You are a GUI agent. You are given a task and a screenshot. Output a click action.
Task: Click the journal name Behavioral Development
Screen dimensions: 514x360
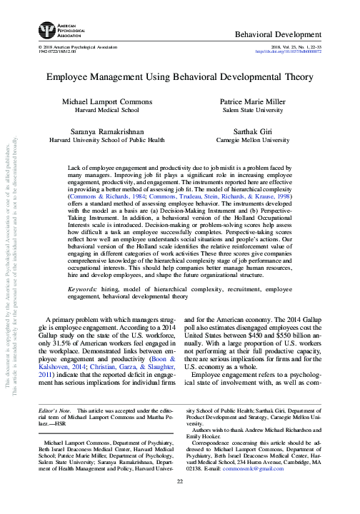point(299,34)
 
